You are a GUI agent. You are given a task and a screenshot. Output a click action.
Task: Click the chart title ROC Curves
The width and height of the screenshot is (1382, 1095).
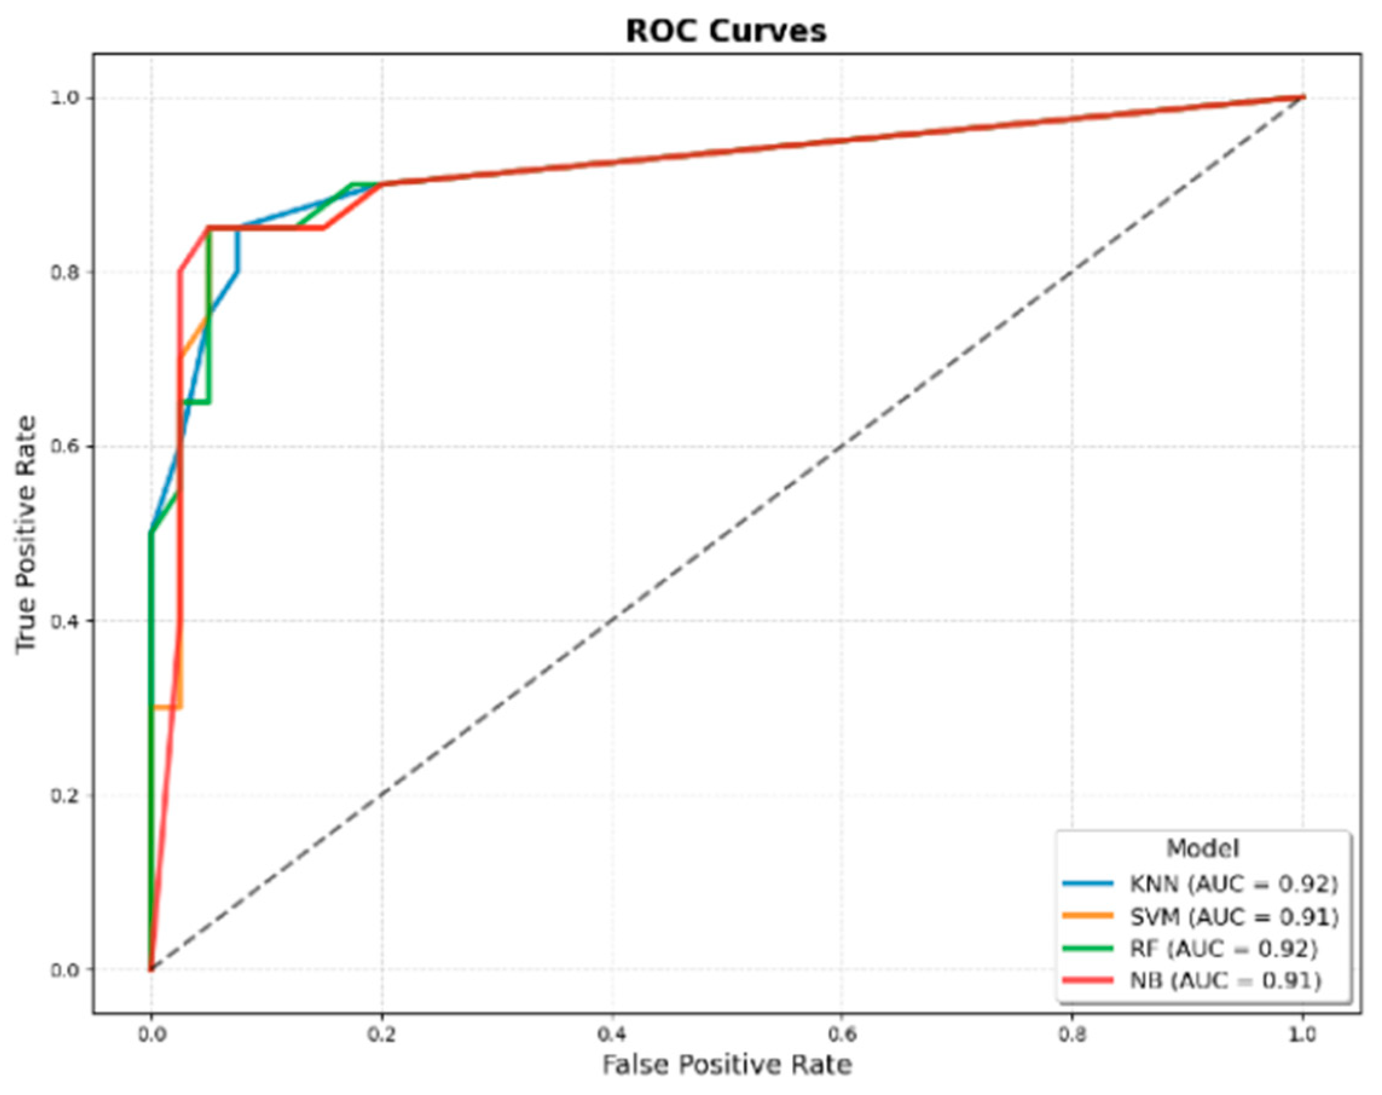click(x=726, y=31)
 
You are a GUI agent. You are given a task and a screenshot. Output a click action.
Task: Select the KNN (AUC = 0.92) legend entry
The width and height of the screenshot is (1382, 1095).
click(x=1233, y=884)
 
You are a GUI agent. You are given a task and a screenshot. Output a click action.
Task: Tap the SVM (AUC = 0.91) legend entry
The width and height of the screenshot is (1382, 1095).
click(x=1233, y=917)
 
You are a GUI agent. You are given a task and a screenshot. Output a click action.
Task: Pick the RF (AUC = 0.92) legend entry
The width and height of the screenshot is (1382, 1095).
click(x=1223, y=949)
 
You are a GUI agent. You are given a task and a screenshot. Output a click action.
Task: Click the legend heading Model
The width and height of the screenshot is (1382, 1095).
click(x=1203, y=848)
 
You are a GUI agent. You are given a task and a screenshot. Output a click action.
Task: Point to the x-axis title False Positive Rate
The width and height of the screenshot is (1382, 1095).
click(x=726, y=1065)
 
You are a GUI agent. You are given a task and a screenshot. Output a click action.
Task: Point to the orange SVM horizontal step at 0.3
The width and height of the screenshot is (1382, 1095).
click(x=167, y=708)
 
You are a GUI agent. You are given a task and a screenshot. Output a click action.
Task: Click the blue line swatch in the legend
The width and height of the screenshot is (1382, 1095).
click(x=1087, y=884)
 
